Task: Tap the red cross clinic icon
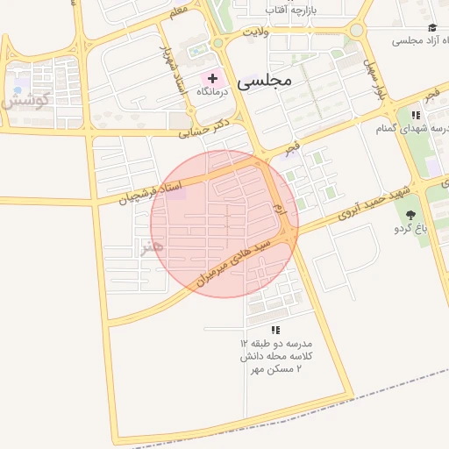[212, 78]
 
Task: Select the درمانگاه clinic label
[212, 91]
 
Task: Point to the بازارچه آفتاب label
[296, 9]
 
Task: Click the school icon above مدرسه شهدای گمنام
[416, 115]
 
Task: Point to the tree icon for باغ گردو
[410, 214]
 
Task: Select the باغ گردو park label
[410, 229]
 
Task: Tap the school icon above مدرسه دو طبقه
[275, 330]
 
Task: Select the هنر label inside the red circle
[152, 248]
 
